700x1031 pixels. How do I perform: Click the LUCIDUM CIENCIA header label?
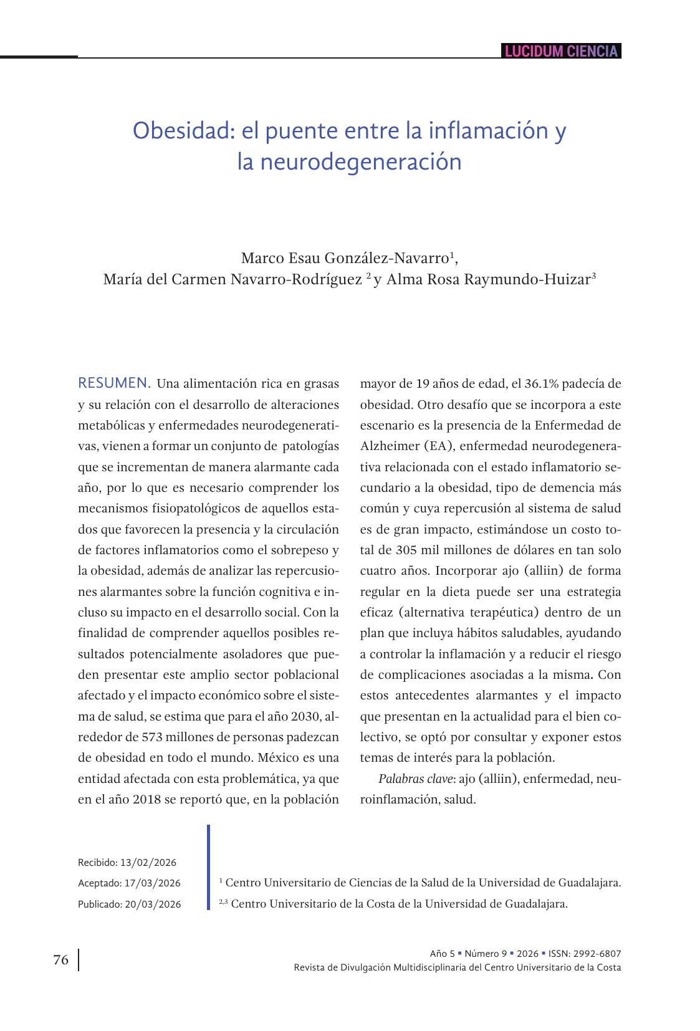coord(560,51)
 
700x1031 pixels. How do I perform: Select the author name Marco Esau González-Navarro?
coord(345,258)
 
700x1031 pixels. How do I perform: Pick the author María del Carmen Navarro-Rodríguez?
coord(233,279)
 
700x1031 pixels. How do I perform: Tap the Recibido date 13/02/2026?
coord(148,863)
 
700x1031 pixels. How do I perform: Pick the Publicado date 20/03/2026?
coord(153,904)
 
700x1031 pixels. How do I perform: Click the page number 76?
coord(60,960)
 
